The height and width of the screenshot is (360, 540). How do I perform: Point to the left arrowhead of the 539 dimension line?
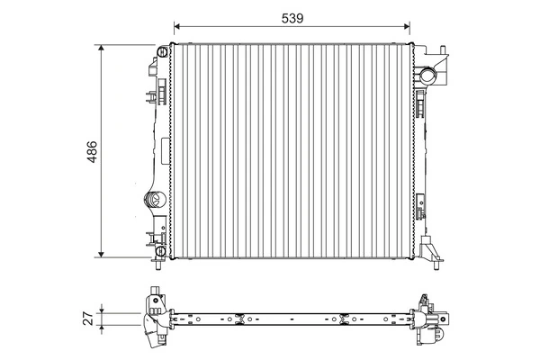point(177,26)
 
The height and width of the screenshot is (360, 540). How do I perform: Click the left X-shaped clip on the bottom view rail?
point(239,317)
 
